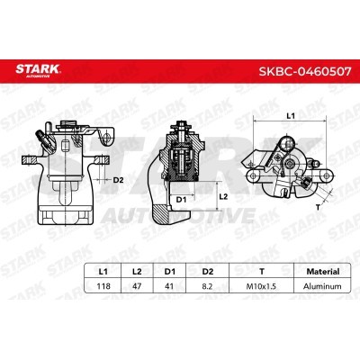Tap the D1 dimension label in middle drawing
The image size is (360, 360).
pyautogui.click(x=180, y=198)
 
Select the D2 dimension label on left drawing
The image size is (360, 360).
pyautogui.click(x=119, y=180)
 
